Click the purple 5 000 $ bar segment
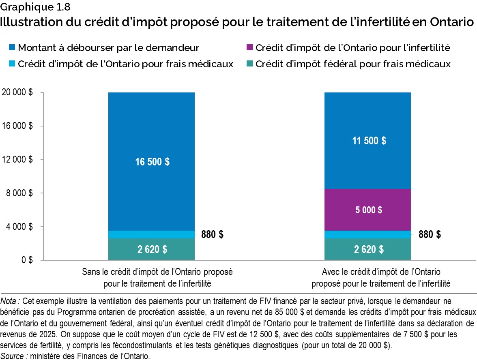coord(367,210)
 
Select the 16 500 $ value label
coord(152,162)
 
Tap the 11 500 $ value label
coord(368,141)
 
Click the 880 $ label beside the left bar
coord(212,234)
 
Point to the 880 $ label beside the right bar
coord(430,234)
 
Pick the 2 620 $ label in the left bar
coord(152,249)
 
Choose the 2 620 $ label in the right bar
coord(368,249)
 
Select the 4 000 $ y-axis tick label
coord(19,227)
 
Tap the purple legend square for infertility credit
coord(249,48)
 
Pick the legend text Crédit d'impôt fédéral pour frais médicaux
coord(353,64)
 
